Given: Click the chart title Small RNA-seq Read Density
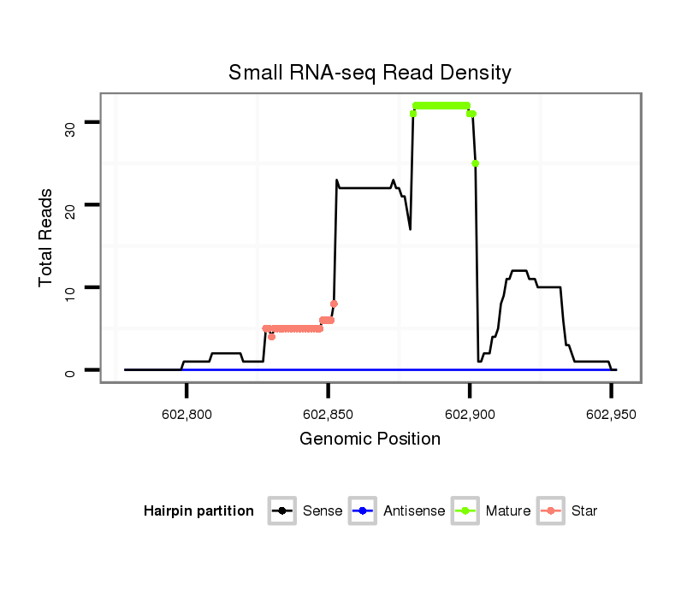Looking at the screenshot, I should (x=370, y=73).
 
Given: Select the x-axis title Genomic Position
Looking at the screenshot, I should (x=370, y=440).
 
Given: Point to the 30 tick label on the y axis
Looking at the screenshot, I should (x=69, y=128).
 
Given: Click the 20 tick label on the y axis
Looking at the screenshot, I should (x=69, y=210).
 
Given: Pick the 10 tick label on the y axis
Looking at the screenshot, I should (x=69, y=292).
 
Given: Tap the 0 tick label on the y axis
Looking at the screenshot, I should (x=69, y=370).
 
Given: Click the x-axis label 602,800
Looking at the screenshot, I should (x=187, y=414).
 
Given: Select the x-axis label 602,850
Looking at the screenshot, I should (x=328, y=414).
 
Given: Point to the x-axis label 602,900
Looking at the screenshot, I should (x=469, y=414).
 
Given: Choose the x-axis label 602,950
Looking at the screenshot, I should (x=610, y=414).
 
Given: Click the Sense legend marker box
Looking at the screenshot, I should (x=281, y=511).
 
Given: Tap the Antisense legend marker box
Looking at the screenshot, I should (x=363, y=511).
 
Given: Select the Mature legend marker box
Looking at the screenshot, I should (x=465, y=511).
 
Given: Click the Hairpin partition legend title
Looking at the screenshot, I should (x=198, y=511).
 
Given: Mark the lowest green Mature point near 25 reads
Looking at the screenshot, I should (x=475, y=163).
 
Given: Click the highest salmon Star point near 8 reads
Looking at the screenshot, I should (x=334, y=304).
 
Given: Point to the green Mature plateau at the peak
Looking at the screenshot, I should (x=441, y=106).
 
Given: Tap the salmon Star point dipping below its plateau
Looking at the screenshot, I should (x=271, y=337).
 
